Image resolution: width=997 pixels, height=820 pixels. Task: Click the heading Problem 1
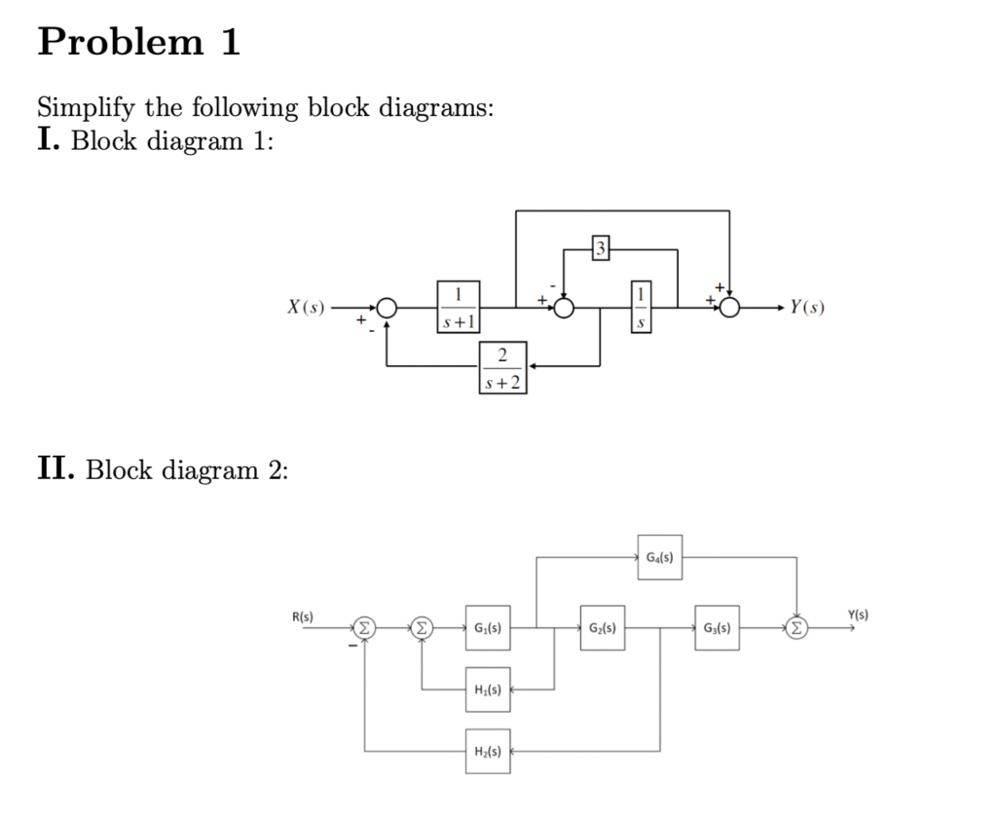(138, 43)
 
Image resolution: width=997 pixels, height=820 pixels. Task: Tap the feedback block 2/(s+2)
(503, 367)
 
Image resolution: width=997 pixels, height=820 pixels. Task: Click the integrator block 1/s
(641, 306)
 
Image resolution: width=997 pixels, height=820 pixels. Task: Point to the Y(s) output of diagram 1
(807, 308)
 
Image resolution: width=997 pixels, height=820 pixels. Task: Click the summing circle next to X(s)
(387, 308)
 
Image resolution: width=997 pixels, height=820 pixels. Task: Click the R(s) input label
(301, 615)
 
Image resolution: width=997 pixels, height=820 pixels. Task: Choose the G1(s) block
(487, 628)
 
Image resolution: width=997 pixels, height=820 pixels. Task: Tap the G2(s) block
(602, 628)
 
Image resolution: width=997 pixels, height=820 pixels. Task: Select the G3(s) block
(718, 628)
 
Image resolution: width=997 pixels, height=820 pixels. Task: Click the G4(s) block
(659, 557)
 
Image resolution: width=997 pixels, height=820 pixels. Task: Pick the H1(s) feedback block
(487, 690)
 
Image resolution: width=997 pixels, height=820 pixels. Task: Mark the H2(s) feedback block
(487, 751)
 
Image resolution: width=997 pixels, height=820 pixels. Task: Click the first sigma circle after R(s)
(364, 628)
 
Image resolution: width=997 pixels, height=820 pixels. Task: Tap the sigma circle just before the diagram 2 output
(797, 628)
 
